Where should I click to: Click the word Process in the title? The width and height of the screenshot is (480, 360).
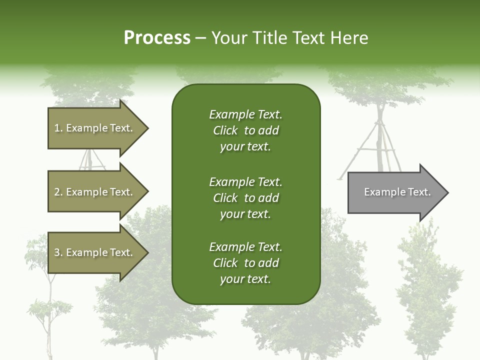click(x=157, y=38)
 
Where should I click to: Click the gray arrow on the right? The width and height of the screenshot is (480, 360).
click(x=395, y=192)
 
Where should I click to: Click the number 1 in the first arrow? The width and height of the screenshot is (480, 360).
click(x=57, y=128)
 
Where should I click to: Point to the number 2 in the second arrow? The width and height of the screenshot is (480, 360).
click(x=57, y=192)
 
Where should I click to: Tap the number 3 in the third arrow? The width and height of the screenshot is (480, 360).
click(x=57, y=252)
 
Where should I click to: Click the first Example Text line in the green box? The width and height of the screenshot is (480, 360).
click(x=245, y=114)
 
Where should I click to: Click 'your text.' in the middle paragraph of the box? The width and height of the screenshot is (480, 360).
click(x=245, y=214)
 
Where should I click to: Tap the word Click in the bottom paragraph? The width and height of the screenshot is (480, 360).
click(x=225, y=263)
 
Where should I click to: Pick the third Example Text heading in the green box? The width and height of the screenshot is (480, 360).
click(x=245, y=247)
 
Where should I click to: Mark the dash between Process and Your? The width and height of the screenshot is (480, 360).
click(x=200, y=38)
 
